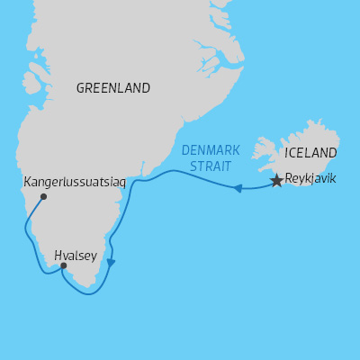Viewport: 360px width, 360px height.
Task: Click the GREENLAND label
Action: tap(113, 88)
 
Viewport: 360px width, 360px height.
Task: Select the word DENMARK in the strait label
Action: tap(211, 150)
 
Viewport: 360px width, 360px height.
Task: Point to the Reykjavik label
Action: tap(310, 179)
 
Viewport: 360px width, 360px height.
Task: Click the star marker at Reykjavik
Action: tap(276, 181)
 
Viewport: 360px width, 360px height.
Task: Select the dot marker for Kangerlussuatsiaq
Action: tap(43, 196)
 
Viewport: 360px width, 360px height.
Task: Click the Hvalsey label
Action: tap(76, 256)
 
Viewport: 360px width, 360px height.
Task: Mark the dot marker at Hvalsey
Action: tap(63, 265)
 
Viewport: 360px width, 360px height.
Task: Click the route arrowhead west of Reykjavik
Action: tap(238, 188)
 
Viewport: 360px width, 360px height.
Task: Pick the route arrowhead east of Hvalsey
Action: tap(111, 263)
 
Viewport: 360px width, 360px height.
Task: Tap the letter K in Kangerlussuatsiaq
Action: tap(27, 181)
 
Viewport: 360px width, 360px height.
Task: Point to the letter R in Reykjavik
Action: tap(288, 179)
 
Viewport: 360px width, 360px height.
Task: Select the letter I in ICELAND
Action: tap(286, 153)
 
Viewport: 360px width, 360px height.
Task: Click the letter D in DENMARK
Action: tap(185, 150)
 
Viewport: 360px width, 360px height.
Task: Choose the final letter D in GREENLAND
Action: tap(146, 88)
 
